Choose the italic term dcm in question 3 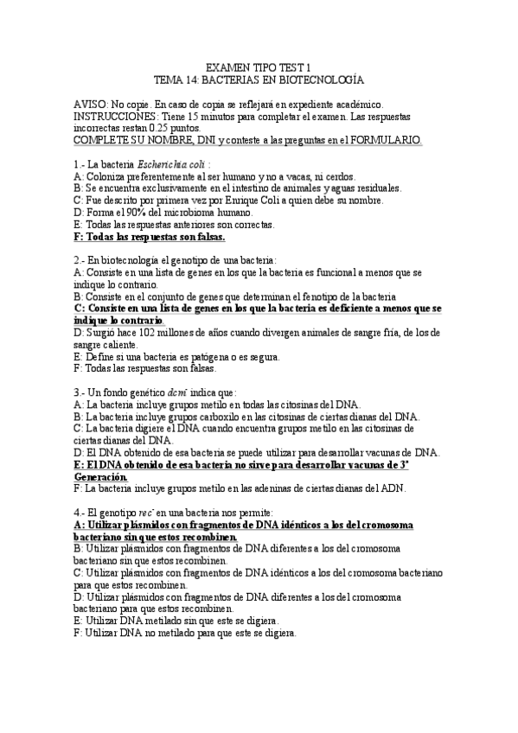178,392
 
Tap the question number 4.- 80,513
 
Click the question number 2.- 80,259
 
